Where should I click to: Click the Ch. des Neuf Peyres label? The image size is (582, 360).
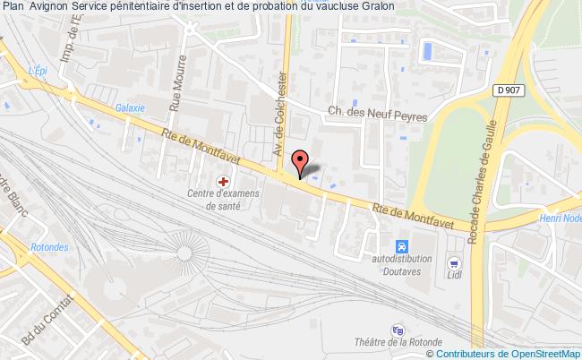pos(377,114)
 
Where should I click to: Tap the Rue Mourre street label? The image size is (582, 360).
pos(176,88)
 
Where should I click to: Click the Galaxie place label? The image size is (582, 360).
pos(130,107)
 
